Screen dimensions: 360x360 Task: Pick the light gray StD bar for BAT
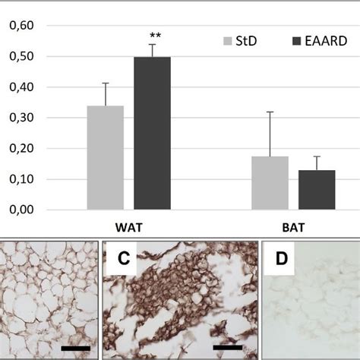tap(270, 183)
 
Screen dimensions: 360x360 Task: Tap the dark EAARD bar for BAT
tap(317, 190)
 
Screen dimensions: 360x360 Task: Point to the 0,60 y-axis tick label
tap(21, 25)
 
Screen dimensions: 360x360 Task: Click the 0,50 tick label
tap(21, 56)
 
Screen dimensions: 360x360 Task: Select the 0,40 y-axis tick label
tap(21, 87)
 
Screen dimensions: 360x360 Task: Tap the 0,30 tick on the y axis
tap(21, 118)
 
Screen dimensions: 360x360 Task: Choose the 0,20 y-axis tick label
tap(21, 149)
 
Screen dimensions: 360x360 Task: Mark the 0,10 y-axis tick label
tap(21, 180)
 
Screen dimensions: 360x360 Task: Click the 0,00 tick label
tap(21, 210)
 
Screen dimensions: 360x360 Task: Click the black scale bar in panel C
tap(228, 346)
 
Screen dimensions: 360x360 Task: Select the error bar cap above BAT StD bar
tap(270, 112)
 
